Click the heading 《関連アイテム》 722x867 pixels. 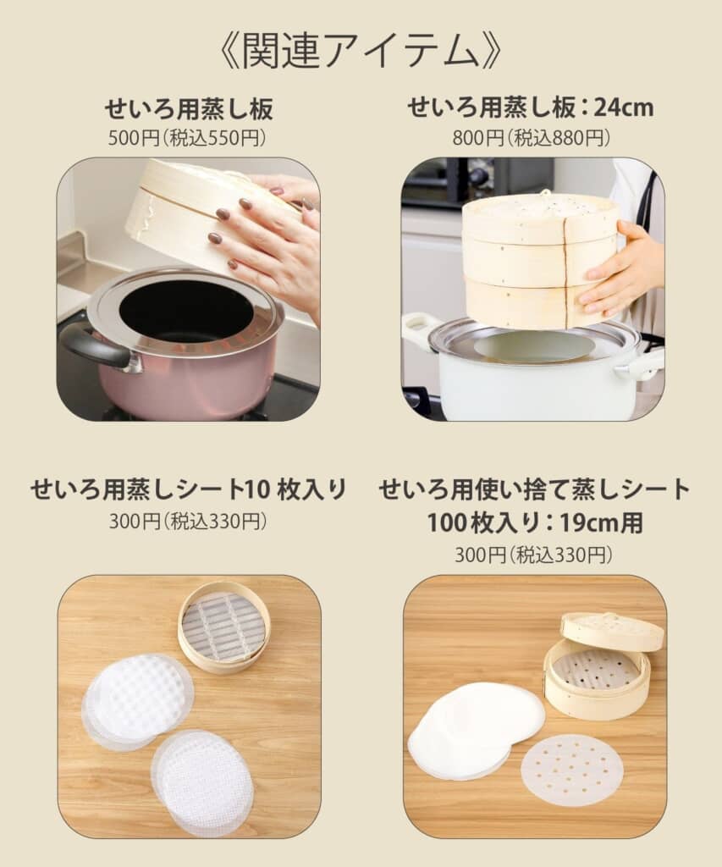tap(361, 50)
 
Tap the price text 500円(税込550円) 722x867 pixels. tap(187, 138)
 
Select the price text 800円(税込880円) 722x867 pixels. tap(532, 138)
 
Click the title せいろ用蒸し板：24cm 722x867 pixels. tap(531, 108)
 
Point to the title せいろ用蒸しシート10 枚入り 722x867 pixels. tap(189, 489)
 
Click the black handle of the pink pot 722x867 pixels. tap(93, 345)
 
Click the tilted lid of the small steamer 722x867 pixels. tap(611, 632)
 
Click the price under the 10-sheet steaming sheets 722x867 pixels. tap(188, 521)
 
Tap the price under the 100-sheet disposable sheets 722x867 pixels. tap(533, 554)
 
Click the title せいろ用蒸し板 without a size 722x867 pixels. tap(189, 108)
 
